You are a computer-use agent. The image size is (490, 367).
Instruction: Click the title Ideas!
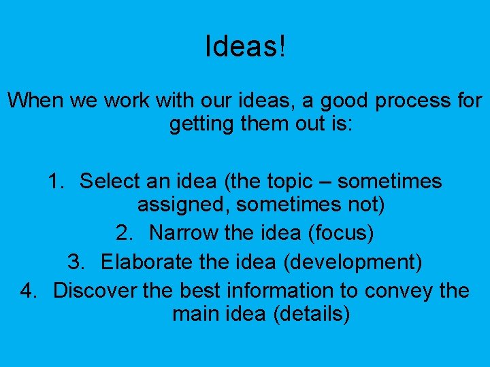(246, 46)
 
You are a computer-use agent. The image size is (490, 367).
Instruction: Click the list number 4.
(28, 290)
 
